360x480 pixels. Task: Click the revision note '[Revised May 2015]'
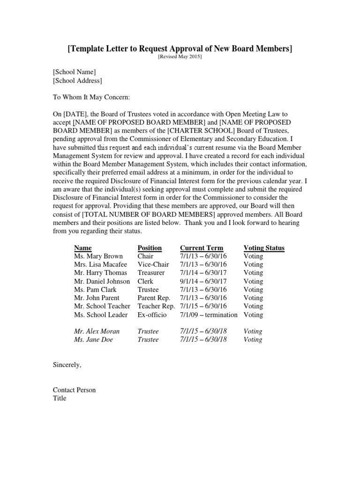pyautogui.click(x=180, y=57)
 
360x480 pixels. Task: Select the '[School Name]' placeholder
pyautogui.click(x=74, y=72)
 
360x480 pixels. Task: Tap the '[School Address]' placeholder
pyautogui.click(x=77, y=81)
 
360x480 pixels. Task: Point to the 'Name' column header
pyautogui.click(x=83, y=248)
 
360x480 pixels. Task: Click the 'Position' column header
pyautogui.click(x=150, y=248)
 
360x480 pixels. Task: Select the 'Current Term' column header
pyautogui.click(x=202, y=248)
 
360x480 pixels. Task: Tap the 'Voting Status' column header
pyautogui.click(x=264, y=248)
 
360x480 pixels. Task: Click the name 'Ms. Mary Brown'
pyautogui.click(x=98, y=256)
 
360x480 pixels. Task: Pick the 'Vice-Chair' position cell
pyautogui.click(x=153, y=264)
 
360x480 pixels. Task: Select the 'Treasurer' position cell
pyautogui.click(x=151, y=273)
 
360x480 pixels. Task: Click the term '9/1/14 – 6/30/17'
pyautogui.click(x=203, y=281)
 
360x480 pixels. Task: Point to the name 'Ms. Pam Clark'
pyautogui.click(x=95, y=290)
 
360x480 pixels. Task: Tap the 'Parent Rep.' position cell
pyautogui.click(x=154, y=298)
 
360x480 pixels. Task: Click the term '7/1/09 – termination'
pyautogui.click(x=209, y=315)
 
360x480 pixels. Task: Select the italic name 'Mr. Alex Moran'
pyautogui.click(x=97, y=331)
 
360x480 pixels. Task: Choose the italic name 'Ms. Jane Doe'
pyautogui.click(x=93, y=340)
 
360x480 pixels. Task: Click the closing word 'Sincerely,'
pyautogui.click(x=67, y=365)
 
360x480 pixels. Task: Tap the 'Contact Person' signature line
pyautogui.click(x=74, y=390)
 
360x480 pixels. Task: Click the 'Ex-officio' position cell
pyautogui.click(x=152, y=315)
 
